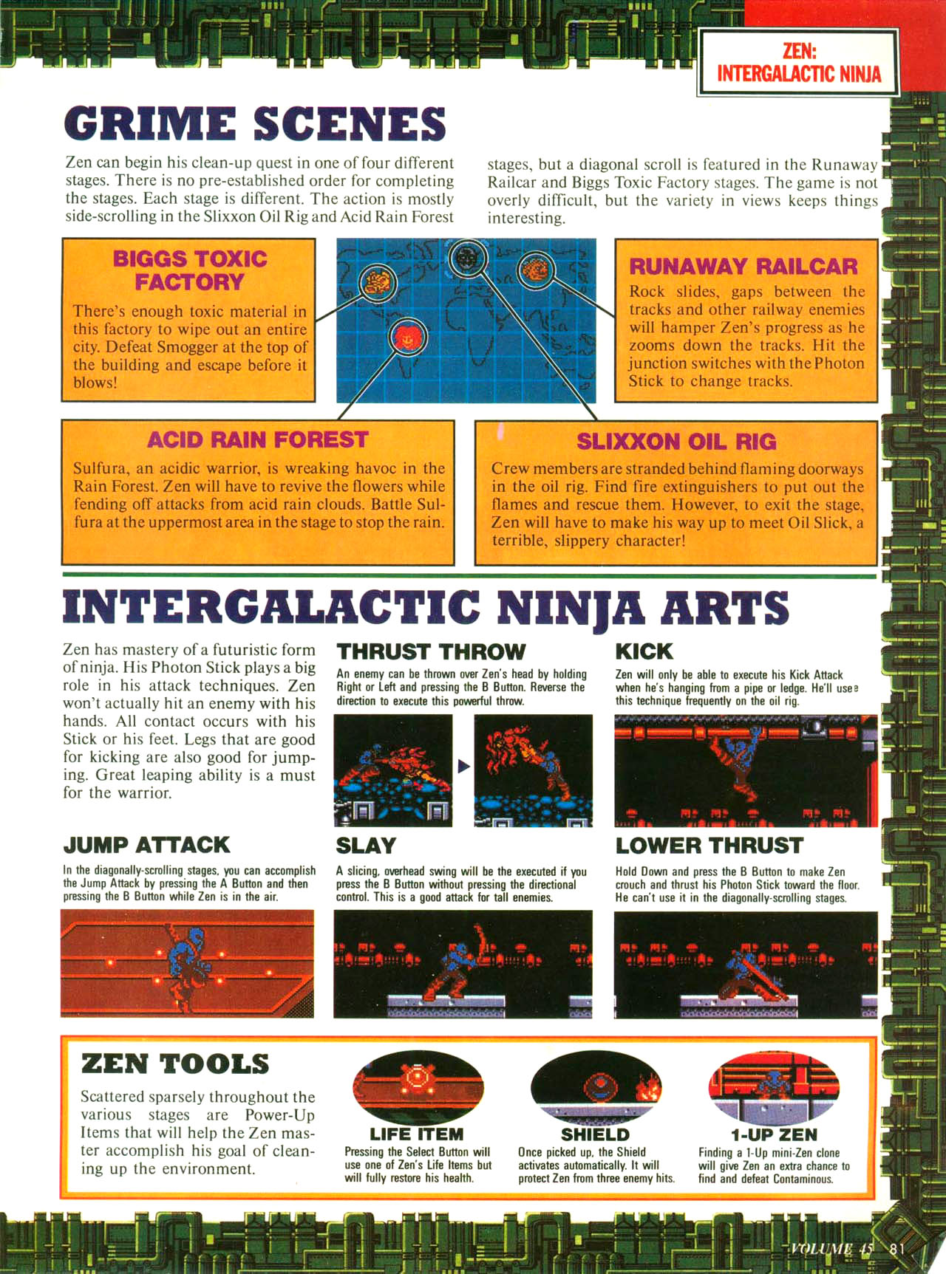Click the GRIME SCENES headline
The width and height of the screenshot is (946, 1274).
click(255, 123)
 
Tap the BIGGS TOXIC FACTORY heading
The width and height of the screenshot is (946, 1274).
click(189, 270)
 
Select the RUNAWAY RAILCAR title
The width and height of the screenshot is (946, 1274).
click(743, 266)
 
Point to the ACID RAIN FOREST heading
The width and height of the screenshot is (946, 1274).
click(257, 439)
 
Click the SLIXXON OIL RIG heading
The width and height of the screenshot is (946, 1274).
click(676, 441)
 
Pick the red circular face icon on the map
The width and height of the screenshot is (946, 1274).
click(407, 337)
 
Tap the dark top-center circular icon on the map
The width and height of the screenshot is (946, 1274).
click(467, 258)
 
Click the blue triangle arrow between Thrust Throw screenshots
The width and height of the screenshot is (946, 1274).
click(463, 766)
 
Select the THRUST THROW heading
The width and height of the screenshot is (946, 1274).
click(431, 651)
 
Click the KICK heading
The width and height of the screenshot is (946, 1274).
click(644, 651)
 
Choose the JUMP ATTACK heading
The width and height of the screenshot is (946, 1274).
click(146, 845)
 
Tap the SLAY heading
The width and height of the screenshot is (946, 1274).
click(366, 846)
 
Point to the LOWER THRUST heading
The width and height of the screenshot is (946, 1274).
click(709, 846)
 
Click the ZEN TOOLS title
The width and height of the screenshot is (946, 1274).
click(175, 1064)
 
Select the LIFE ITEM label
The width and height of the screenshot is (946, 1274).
click(417, 1134)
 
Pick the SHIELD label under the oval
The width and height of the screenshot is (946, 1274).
click(595, 1134)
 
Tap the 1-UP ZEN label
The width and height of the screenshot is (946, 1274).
click(774, 1134)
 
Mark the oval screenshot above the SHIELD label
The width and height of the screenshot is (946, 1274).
click(596, 1087)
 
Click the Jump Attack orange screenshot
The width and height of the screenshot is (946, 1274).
click(187, 963)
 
